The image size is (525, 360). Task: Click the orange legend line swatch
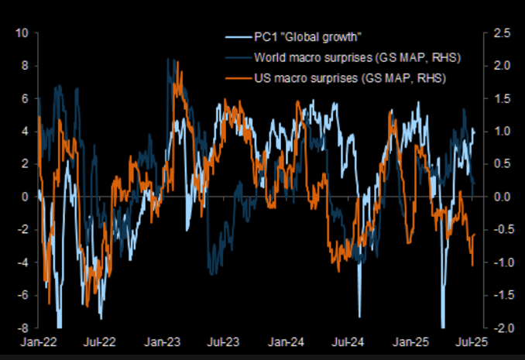[x=236, y=78]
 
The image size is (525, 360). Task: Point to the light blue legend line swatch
[x=236, y=38]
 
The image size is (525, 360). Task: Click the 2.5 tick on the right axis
[x=499, y=33]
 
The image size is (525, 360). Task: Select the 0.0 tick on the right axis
[x=499, y=197]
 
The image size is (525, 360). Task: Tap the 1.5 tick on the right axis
[x=499, y=99]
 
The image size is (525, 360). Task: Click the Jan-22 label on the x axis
[x=36, y=342]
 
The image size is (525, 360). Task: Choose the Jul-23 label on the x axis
[x=225, y=342]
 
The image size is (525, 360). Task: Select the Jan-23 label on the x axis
[x=163, y=342]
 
